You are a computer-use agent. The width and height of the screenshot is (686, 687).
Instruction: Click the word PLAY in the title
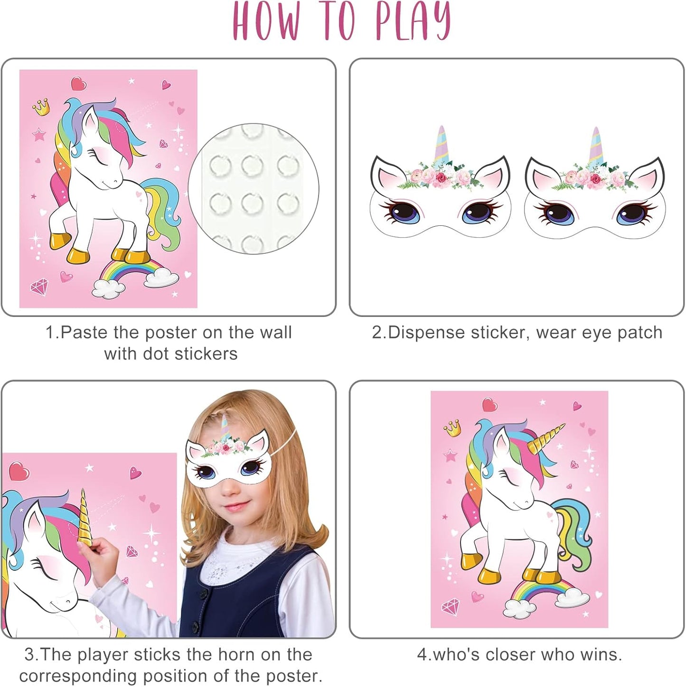tap(412, 21)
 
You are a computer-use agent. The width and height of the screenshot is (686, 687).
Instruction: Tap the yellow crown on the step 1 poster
tap(41, 107)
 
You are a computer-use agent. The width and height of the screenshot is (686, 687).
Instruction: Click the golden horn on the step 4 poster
tap(545, 439)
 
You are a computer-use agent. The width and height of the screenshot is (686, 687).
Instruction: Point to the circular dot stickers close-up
tap(253, 188)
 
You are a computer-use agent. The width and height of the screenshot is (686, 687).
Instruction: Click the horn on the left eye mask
tap(441, 145)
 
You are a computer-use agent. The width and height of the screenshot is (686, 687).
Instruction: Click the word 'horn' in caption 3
tap(234, 654)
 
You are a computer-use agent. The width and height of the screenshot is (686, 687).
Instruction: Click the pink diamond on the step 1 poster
tap(39, 286)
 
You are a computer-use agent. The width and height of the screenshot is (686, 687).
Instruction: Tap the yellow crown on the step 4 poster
tap(452, 427)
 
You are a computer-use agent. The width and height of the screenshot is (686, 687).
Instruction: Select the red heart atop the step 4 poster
tap(490, 405)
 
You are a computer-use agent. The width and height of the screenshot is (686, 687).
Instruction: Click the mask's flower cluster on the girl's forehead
tap(226, 446)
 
